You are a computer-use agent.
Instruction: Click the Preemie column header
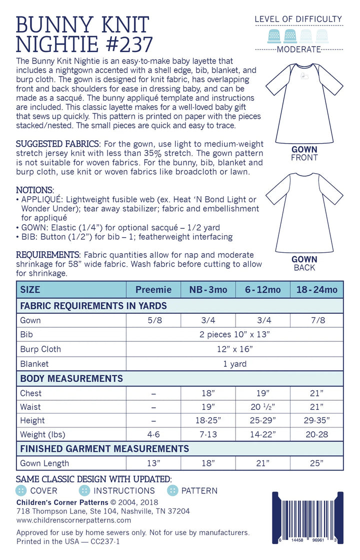(153, 290)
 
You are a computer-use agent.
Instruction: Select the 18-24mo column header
(316, 290)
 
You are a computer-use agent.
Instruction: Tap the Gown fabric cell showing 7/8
(316, 320)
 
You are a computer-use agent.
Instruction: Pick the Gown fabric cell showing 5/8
(153, 320)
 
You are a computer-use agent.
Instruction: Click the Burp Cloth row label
(40, 349)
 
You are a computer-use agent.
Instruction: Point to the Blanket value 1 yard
(234, 364)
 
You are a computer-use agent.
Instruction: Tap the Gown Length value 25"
(316, 463)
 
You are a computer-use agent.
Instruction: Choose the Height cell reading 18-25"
(208, 421)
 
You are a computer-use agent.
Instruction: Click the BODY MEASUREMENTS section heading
(71, 378)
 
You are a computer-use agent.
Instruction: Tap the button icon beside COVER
(21, 490)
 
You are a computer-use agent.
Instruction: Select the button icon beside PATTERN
(172, 490)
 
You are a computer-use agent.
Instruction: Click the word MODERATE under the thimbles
(298, 49)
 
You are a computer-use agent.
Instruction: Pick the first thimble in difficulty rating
(273, 35)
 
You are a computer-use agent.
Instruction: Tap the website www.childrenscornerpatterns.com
(73, 520)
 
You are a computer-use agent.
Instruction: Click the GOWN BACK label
(304, 263)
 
